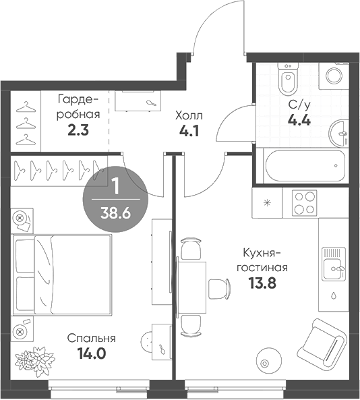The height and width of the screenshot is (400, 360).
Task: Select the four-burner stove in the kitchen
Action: click(x=304, y=203)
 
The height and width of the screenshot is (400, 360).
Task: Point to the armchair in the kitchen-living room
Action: click(x=320, y=344)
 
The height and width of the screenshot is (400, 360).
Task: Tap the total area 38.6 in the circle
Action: click(x=115, y=210)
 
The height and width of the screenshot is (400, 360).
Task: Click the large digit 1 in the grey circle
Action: click(x=115, y=185)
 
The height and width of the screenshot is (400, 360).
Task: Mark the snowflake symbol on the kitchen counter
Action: click(x=268, y=202)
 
